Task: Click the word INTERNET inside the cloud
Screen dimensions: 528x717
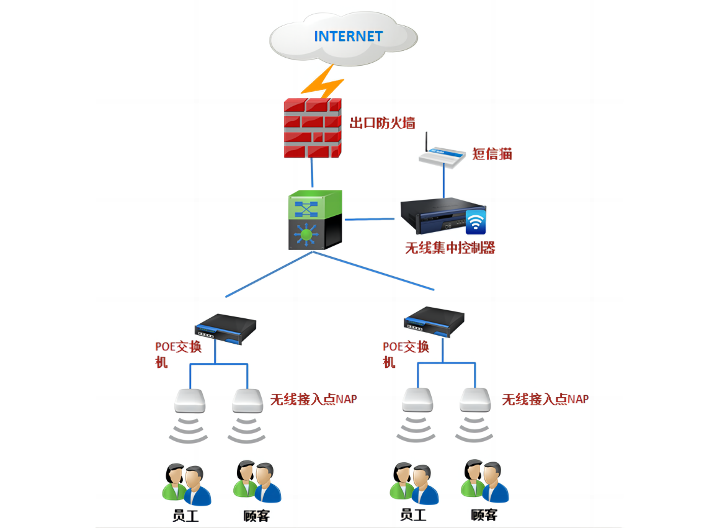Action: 348,36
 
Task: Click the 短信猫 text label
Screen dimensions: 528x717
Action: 492,154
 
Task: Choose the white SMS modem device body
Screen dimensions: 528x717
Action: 442,156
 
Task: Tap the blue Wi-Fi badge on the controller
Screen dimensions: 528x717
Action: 476,221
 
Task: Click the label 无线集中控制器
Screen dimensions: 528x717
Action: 450,248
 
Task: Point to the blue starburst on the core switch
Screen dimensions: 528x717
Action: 306,233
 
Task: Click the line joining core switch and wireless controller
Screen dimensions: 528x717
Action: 370,218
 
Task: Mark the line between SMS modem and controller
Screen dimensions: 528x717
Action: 443,182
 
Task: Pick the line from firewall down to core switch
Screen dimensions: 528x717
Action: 312,174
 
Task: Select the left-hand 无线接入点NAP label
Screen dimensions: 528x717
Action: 313,399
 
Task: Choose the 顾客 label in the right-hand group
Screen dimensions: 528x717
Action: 484,514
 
